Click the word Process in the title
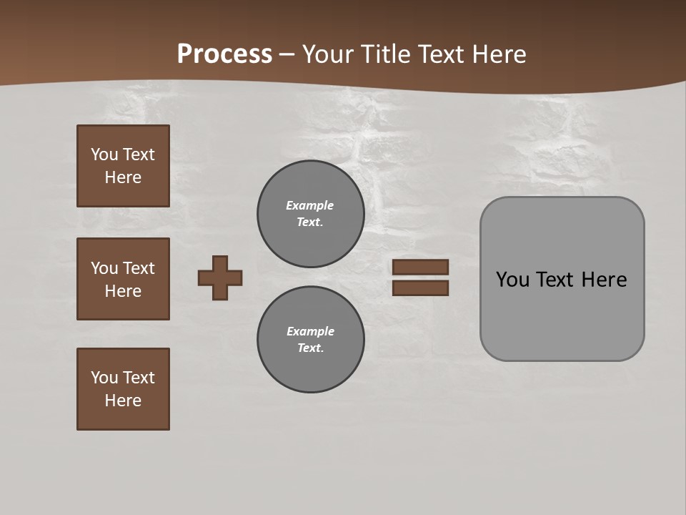tap(224, 54)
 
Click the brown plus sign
tap(220, 278)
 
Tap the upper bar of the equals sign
tap(420, 268)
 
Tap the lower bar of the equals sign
tap(420, 288)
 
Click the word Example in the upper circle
tap(310, 205)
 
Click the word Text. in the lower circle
tap(310, 348)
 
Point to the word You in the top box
tap(104, 154)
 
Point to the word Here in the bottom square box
tap(123, 401)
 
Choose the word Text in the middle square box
tap(139, 268)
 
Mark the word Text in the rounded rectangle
tap(556, 280)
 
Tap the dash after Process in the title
tap(287, 54)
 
